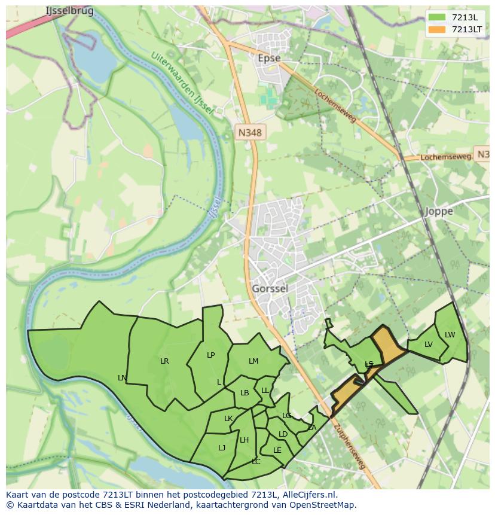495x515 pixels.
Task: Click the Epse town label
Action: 268,58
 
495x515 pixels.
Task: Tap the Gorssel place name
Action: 270,288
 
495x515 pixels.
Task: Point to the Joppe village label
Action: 439,211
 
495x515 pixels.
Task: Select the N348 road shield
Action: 249,133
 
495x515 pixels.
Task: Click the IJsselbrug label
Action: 69,11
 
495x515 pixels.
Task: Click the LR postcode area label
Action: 164,361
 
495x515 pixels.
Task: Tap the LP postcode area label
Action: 210,355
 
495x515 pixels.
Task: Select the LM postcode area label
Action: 253,361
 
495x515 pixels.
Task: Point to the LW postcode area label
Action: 450,334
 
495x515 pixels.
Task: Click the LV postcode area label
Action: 428,344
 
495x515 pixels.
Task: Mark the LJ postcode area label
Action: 222,447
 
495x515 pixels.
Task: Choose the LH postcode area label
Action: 244,440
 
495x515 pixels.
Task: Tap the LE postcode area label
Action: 277,450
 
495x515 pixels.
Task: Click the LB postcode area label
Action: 245,393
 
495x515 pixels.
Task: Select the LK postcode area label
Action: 228,418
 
